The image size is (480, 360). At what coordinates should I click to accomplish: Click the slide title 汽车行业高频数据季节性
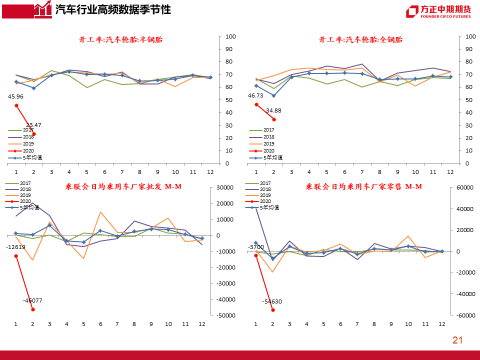112,9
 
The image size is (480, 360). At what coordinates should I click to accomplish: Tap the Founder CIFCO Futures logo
438,11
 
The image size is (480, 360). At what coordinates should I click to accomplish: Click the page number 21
457,340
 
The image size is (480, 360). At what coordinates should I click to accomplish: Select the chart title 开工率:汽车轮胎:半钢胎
121,40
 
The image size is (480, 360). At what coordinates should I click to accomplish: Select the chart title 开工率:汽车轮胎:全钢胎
360,40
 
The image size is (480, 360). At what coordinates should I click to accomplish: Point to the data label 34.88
273,110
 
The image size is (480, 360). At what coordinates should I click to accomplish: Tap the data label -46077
32,300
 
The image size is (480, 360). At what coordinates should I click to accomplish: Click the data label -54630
272,301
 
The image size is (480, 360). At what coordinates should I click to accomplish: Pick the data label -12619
16,247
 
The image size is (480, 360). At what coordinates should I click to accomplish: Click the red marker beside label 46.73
256,104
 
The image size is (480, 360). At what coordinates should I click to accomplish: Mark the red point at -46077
33,309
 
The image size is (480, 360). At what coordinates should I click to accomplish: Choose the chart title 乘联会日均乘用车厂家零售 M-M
363,187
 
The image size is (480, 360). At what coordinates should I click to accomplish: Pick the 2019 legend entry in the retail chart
265,195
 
